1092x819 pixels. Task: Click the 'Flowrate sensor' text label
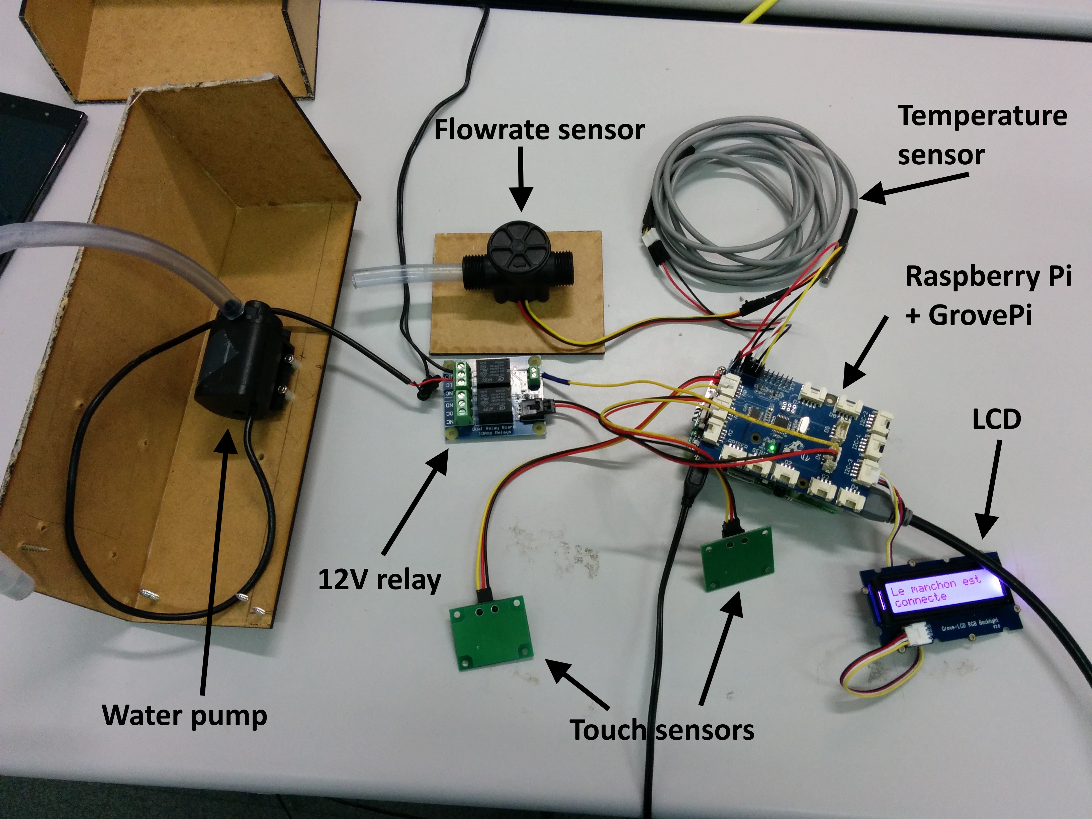coord(539,130)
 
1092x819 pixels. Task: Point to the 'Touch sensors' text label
coord(662,730)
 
